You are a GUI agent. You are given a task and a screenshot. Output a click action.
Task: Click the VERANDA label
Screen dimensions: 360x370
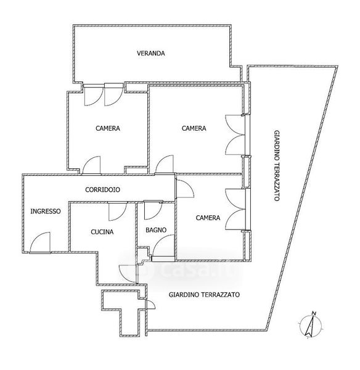pos(151,53)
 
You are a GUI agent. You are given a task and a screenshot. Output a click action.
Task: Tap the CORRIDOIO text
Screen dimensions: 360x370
pos(102,189)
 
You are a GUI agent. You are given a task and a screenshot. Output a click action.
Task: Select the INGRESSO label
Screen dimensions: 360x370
pos(46,211)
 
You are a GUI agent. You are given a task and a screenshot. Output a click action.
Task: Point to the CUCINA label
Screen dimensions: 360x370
pos(102,232)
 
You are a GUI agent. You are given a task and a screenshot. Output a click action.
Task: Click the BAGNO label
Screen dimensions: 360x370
pos(156,230)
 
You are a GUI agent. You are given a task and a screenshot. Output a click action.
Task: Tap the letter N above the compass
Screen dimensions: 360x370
pos(314,313)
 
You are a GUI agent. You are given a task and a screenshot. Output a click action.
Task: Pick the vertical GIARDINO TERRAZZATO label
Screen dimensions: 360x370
pos(277,165)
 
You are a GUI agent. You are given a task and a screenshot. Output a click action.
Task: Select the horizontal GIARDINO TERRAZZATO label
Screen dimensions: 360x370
pos(204,295)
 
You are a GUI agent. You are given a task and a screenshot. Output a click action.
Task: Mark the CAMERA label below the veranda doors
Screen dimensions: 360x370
pos(108,128)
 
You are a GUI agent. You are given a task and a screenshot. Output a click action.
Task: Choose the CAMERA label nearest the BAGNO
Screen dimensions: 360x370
pos(208,218)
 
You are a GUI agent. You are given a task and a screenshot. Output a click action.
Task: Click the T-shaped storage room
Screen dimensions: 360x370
pos(121,306)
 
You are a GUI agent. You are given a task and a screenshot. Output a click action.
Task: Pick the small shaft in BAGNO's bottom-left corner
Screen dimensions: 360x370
pos(143,253)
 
